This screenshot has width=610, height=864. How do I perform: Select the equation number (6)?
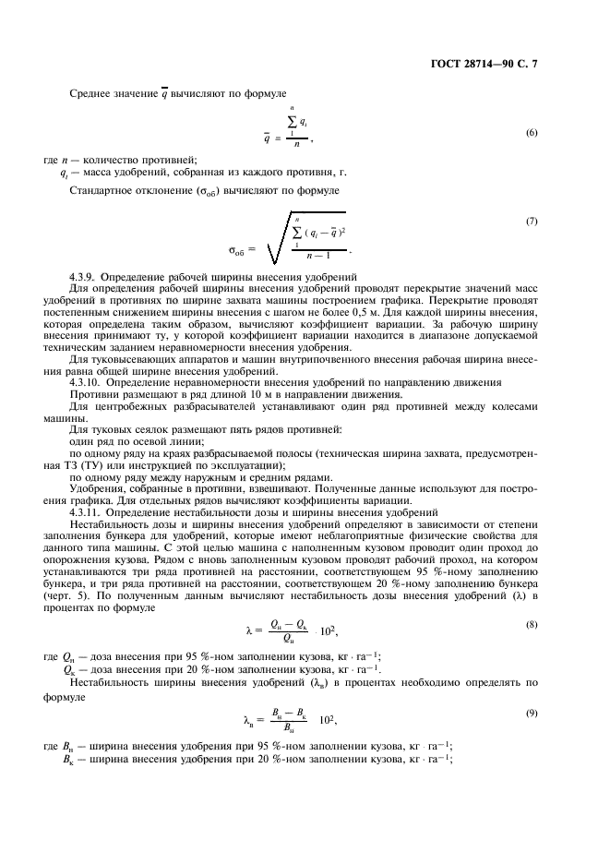pyautogui.click(x=532, y=133)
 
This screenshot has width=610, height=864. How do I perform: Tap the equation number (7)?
pyautogui.click(x=532, y=222)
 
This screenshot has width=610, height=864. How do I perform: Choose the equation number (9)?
pyautogui.click(x=532, y=687)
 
